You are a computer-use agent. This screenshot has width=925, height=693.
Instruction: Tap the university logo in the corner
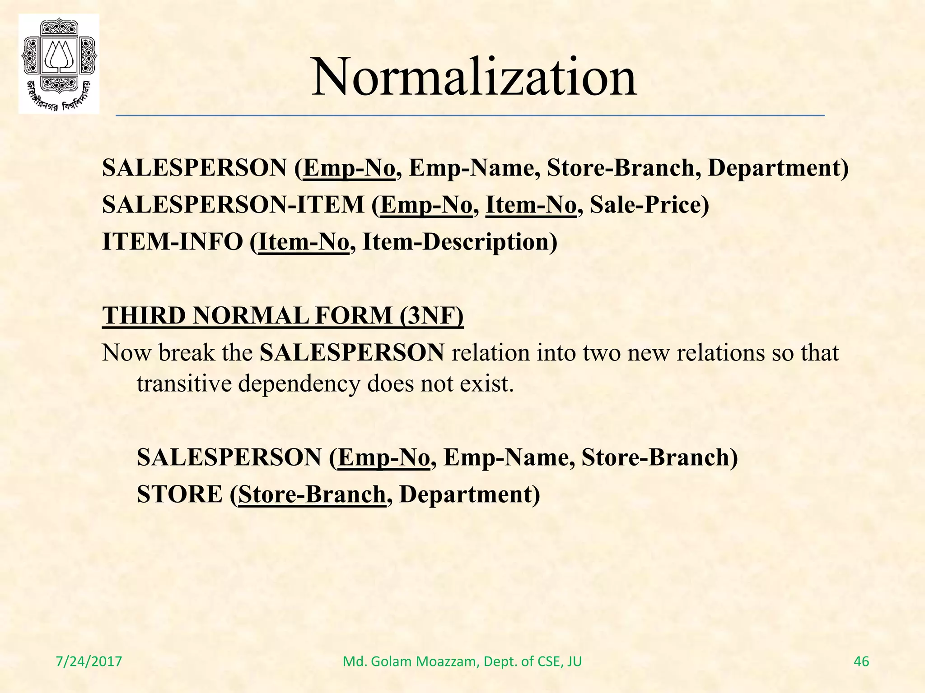59,64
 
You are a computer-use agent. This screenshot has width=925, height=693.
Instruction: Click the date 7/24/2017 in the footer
89,661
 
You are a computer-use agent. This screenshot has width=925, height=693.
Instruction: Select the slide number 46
861,661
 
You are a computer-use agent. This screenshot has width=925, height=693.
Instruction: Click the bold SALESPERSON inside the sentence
352,352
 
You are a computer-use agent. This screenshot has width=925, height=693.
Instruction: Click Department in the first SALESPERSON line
778,168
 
